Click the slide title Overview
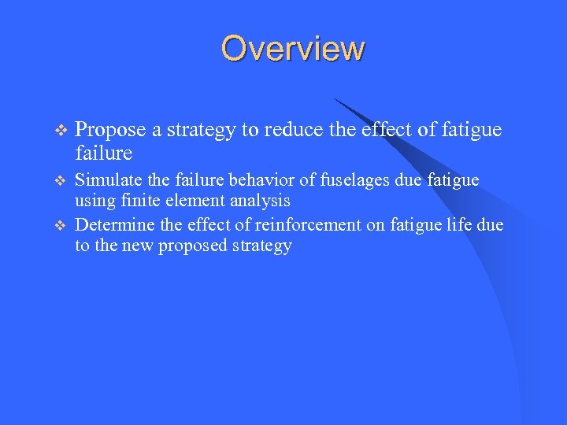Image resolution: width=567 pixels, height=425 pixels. (x=293, y=48)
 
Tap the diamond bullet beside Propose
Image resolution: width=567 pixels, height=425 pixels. (x=62, y=130)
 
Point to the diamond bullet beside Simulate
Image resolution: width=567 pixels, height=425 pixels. (x=62, y=181)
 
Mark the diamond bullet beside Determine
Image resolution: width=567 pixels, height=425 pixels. (x=62, y=225)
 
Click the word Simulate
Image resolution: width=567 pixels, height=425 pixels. (x=106, y=180)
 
